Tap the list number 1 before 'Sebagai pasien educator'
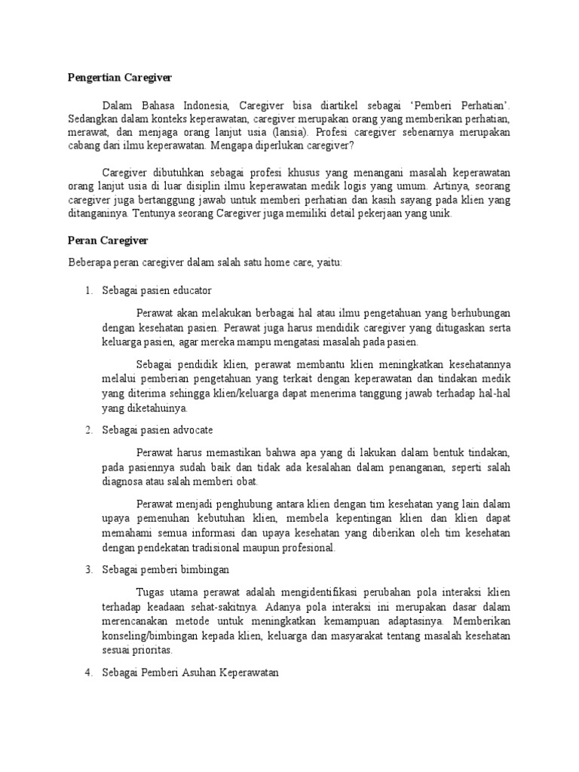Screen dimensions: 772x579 point(88,290)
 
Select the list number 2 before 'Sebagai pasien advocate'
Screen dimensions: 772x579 point(88,430)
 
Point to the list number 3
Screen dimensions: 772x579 point(88,568)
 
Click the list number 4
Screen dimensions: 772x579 point(88,672)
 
